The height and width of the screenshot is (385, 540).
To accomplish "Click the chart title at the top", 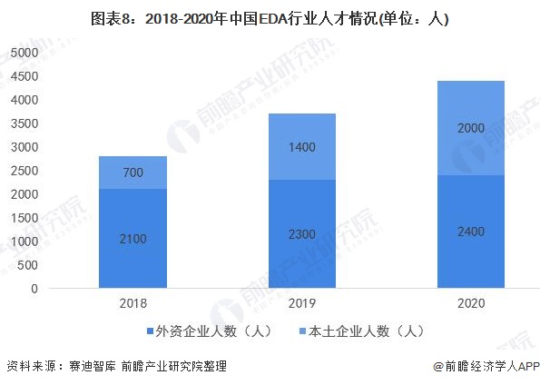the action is pyautogui.click(x=270, y=18).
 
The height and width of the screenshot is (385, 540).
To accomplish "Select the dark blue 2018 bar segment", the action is pyautogui.click(x=133, y=238).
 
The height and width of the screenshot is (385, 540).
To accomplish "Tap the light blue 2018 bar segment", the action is pyautogui.click(x=133, y=173).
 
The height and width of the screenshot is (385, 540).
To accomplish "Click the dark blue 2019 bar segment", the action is pyautogui.click(x=302, y=233).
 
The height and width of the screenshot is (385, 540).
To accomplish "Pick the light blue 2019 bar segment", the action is pyautogui.click(x=302, y=146).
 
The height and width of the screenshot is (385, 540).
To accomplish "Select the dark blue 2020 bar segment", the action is pyautogui.click(x=471, y=232).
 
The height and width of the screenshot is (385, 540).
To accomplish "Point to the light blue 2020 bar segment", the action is pyautogui.click(x=471, y=128).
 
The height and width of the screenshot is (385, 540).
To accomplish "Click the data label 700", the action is pyautogui.click(x=133, y=173).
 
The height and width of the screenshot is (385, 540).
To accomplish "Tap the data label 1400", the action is pyautogui.click(x=302, y=147).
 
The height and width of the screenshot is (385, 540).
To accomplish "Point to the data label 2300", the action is pyautogui.click(x=302, y=234).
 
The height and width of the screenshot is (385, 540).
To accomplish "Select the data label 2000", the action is pyautogui.click(x=471, y=128).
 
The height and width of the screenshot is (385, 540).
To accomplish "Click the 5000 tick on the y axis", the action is pyautogui.click(x=25, y=53).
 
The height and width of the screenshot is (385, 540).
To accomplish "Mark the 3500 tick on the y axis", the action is pyautogui.click(x=25, y=123).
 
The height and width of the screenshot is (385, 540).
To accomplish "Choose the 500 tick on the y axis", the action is pyautogui.click(x=28, y=265).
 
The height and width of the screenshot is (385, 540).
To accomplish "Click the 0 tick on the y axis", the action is pyautogui.click(x=34, y=289).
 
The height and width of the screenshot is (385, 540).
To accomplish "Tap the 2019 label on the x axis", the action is pyautogui.click(x=302, y=303).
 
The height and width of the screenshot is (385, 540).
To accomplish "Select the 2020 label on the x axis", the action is pyautogui.click(x=471, y=303).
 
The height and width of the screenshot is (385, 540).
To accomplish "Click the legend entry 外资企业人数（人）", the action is pyautogui.click(x=210, y=331).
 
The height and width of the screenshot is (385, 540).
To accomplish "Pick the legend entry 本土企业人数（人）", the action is pyautogui.click(x=362, y=331).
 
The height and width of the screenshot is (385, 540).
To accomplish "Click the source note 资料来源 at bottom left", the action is pyautogui.click(x=117, y=366).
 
